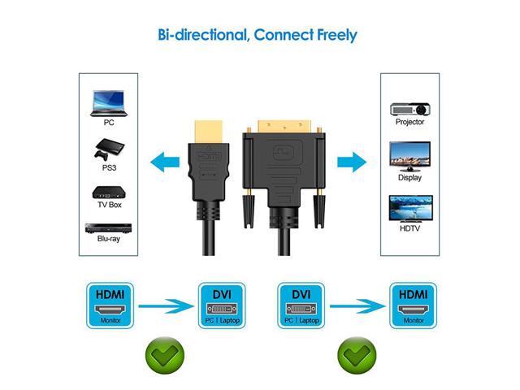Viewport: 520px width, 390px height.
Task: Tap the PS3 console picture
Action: click(108, 152)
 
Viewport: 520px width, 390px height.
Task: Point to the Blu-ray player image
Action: click(108, 230)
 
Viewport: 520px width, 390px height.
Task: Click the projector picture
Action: click(409, 106)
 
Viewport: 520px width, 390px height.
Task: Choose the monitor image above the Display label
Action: click(409, 154)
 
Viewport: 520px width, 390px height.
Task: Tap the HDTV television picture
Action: click(409, 207)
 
